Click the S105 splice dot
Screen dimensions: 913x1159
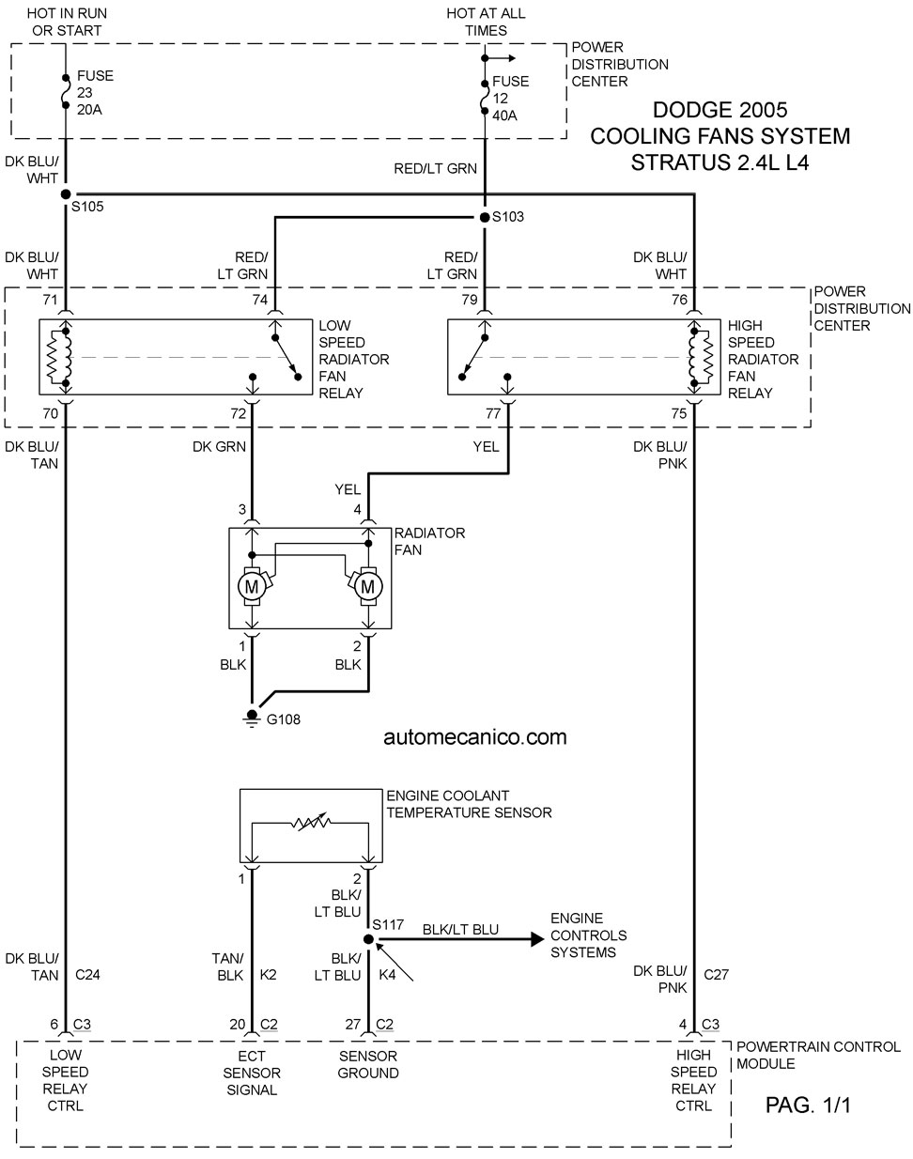pos(66,193)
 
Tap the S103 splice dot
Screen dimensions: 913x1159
pos(485,217)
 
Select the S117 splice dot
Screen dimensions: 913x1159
pos(368,939)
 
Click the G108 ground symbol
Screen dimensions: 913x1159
pos(252,718)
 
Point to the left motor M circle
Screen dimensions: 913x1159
pos(252,586)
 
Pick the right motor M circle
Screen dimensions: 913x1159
pos(368,586)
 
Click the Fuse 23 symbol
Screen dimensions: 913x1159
pos(66,92)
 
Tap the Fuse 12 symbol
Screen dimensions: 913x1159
pos(485,98)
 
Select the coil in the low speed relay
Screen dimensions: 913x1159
pos(59,357)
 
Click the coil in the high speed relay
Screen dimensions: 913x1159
pos(701,357)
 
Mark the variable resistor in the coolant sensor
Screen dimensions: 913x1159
pos(311,823)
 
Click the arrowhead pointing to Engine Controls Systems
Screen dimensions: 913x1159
pos(537,939)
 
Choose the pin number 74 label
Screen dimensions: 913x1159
pos(259,300)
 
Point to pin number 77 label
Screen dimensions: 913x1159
pos(493,413)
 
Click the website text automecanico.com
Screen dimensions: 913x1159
pos(475,736)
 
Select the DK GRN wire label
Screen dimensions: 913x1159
pos(219,446)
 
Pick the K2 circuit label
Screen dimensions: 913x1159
pos(269,975)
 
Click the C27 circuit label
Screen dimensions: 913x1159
pos(716,974)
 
